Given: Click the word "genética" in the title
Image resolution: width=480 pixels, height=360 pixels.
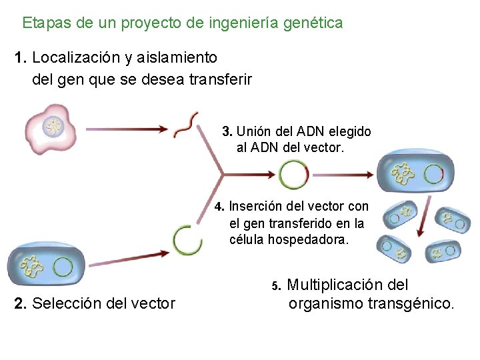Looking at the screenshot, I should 313,23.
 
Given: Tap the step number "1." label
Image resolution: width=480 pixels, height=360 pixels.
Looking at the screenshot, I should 20,58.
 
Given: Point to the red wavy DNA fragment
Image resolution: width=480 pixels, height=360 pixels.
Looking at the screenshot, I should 186,125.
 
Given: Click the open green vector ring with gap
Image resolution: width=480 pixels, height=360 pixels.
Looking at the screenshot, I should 187,239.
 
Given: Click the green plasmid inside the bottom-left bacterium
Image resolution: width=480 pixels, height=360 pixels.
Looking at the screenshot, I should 63,267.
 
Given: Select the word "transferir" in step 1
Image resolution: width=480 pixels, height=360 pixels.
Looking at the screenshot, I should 220,80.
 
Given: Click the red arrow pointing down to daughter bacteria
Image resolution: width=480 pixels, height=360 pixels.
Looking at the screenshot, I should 424,217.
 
